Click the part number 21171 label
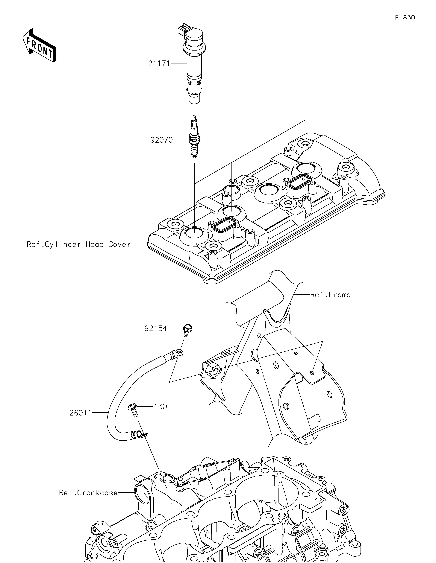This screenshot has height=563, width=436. point(159,63)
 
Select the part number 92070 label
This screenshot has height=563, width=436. point(162,140)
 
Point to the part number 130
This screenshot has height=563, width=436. point(160,407)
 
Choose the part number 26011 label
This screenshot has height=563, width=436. point(80,413)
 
